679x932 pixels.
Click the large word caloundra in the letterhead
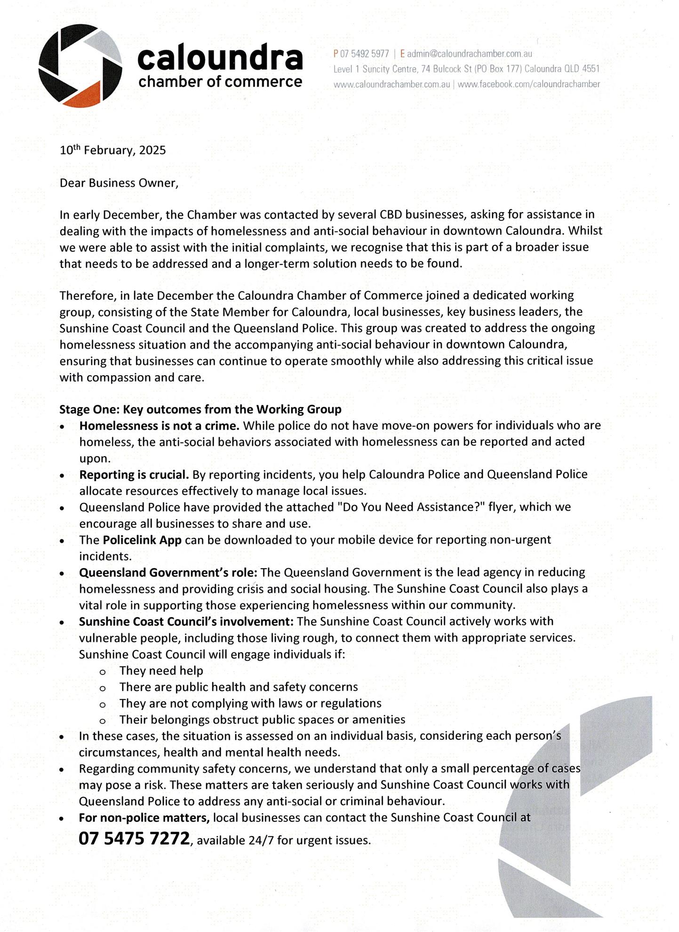(x=220, y=58)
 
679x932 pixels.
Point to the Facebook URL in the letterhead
(x=528, y=84)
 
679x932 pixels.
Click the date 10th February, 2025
(x=112, y=150)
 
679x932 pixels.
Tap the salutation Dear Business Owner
(x=119, y=183)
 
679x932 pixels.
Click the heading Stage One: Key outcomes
(x=200, y=409)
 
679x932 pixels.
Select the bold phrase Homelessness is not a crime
(x=159, y=426)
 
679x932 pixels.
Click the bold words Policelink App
(x=142, y=540)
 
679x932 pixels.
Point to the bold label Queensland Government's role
(x=168, y=572)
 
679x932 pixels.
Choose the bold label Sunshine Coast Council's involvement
(x=186, y=621)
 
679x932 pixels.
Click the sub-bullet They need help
(x=161, y=671)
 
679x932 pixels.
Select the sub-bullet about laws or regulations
(x=250, y=703)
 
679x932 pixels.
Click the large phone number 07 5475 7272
(x=134, y=838)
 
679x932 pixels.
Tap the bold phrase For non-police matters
(x=144, y=818)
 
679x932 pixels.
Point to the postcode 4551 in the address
(x=591, y=69)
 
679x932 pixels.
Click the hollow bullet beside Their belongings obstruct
(x=103, y=721)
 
